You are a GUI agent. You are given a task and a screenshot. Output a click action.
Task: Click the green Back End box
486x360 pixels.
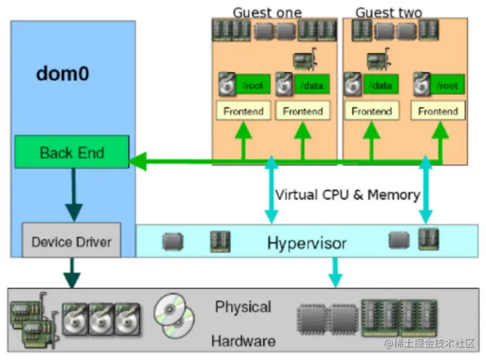click(72, 152)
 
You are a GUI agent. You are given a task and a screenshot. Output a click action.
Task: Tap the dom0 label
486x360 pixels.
click(62, 73)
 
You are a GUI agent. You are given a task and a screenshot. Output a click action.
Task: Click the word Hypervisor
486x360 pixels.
click(307, 243)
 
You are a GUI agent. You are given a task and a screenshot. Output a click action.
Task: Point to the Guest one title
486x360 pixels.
click(267, 13)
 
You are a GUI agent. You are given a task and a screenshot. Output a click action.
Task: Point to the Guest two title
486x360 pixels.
click(388, 13)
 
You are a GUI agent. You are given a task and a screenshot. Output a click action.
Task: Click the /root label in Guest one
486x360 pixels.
click(251, 86)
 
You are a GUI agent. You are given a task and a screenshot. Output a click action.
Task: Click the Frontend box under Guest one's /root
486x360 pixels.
click(244, 111)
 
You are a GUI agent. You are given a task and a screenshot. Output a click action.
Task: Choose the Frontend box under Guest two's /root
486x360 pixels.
click(438, 111)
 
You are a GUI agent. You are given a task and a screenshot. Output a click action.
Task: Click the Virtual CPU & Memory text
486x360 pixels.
click(347, 195)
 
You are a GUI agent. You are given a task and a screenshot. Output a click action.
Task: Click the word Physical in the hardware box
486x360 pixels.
click(243, 308)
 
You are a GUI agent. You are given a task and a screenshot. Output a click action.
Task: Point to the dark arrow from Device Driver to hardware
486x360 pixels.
click(71, 272)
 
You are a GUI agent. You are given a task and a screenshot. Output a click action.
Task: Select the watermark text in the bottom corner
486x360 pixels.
click(430, 343)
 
